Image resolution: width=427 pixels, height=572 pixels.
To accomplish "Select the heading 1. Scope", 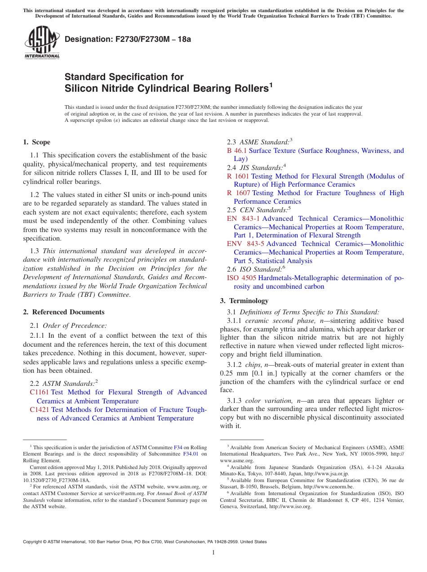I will click(37, 142).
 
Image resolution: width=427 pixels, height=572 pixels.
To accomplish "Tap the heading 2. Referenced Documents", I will click(64, 312).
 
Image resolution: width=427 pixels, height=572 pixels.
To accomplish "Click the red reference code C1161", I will click(39, 392).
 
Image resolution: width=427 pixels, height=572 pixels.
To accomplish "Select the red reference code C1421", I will click(39, 410).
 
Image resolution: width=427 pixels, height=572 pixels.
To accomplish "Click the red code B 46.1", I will click(237, 151).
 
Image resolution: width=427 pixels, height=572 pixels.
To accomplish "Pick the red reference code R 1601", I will click(238, 176).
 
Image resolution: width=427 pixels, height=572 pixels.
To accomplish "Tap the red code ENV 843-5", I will click(245, 244).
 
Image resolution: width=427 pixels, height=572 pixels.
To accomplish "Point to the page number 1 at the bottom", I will click(213, 553).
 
